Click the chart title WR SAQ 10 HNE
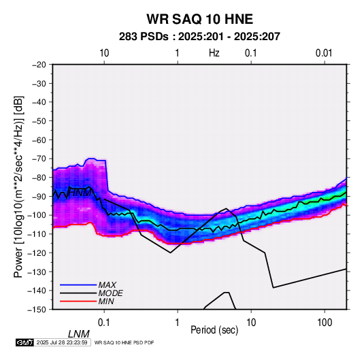tap(199, 19)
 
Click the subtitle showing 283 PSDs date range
tap(199, 37)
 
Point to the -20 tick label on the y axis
tap(39, 65)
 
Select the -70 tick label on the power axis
tap(39, 159)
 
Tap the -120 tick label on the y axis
tap(37, 252)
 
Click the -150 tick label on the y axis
tap(37, 310)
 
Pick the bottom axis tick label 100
tap(325, 323)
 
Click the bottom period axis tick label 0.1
tap(103, 323)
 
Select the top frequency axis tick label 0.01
tap(324, 53)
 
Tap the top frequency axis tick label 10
tap(104, 53)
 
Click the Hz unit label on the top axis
tap(214, 53)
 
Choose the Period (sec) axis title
tap(214, 330)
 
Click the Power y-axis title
tap(18, 186)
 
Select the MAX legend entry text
tap(107, 284)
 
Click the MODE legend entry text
tap(110, 293)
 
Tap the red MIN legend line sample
tap(78, 301)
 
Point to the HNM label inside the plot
tap(80, 193)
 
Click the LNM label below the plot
tap(78, 334)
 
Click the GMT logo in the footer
tap(25, 342)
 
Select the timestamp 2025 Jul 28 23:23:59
tap(62, 342)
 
